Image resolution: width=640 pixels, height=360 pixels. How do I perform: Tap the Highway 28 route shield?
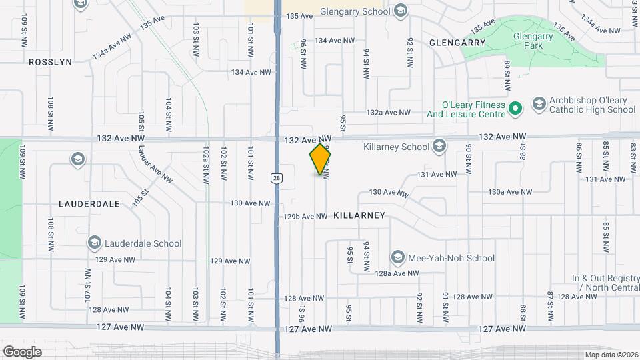point(275,177)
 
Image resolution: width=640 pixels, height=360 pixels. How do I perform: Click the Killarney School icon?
point(439,145)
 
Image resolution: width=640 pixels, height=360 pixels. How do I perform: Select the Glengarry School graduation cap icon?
point(400,11)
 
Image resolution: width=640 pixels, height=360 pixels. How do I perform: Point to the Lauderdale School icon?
point(94,243)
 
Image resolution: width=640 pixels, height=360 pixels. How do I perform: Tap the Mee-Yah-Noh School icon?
point(398,258)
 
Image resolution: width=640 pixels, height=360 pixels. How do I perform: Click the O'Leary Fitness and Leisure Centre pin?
point(515,108)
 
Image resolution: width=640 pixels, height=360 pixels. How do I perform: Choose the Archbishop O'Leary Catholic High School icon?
point(539,104)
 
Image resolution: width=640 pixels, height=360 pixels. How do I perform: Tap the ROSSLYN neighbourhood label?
point(49,61)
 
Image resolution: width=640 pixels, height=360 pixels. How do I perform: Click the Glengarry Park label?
point(533,40)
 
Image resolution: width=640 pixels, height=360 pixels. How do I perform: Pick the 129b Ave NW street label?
point(305,217)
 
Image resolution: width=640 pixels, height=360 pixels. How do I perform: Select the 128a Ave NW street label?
point(396,273)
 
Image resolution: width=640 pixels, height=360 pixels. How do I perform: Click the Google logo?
point(22,351)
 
